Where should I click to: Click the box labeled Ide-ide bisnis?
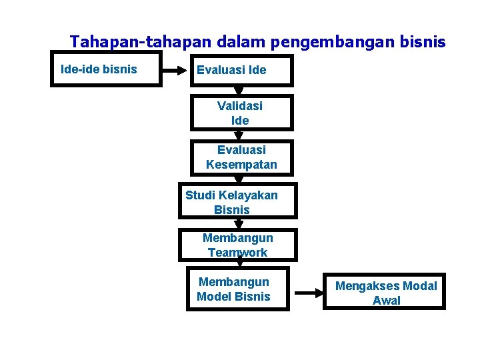pos(106,69)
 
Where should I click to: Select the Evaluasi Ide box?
pos(241,70)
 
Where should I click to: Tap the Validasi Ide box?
pos(241,113)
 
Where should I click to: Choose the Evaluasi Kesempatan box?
pos(241,157)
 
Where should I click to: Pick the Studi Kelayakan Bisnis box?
pos(237,202)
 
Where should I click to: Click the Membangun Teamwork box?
pos(237,245)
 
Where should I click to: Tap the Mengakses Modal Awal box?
pos(385,292)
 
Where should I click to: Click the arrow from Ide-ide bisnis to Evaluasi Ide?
pos(176,70)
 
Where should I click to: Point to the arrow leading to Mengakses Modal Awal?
pos(307,292)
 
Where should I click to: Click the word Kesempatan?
pos(241,165)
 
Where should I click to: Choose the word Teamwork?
pos(237,253)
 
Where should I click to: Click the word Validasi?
pos(240,105)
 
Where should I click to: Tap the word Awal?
pos(387,301)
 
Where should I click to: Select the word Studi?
pos(200,195)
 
